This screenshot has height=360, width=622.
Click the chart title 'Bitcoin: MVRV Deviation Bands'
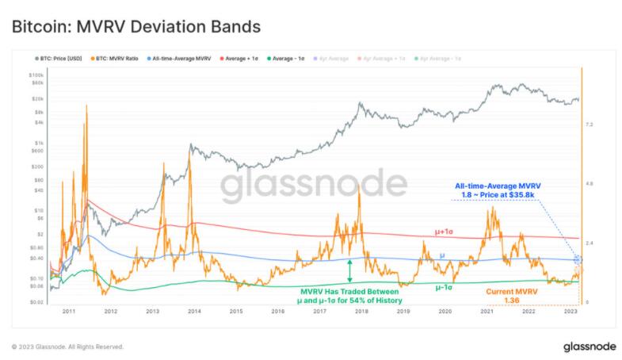point(135,27)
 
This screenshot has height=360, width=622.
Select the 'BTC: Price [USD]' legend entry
point(57,59)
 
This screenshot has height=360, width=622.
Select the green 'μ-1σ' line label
point(445,287)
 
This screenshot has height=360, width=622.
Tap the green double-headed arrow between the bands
point(349,270)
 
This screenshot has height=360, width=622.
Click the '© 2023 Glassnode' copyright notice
point(68,347)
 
